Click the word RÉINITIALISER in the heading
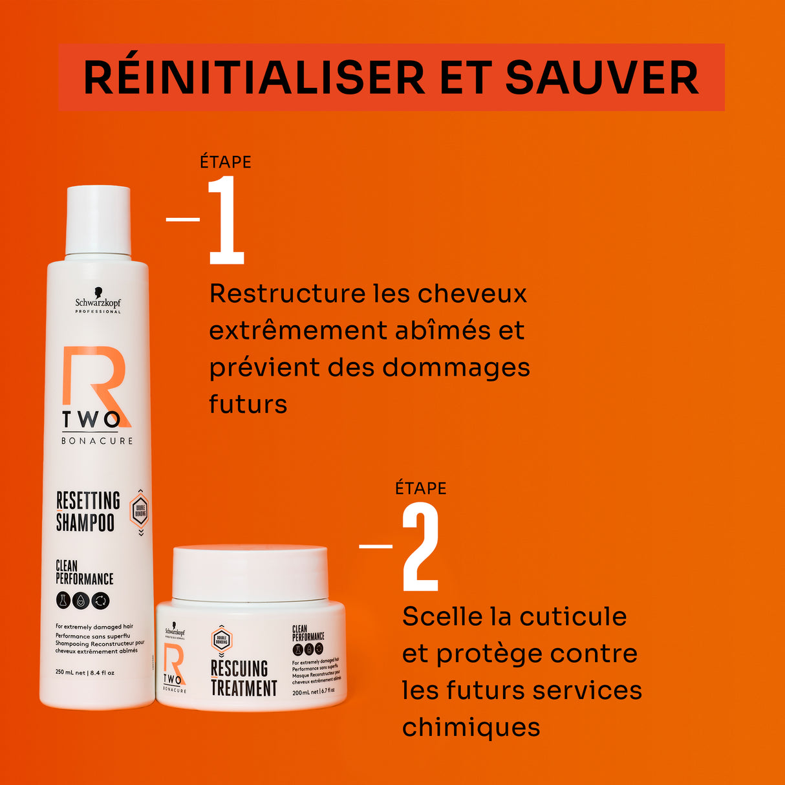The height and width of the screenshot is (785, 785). [x=254, y=78]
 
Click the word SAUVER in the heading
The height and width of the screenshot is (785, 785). [x=601, y=78]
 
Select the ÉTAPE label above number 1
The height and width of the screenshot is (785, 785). [x=226, y=162]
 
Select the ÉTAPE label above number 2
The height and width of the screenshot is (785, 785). [x=421, y=488]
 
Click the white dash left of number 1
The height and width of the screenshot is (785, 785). [x=182, y=219]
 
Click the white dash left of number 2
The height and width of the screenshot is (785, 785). [x=376, y=546]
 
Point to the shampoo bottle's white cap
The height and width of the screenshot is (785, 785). [x=98, y=220]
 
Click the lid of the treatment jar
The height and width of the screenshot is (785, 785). [x=250, y=572]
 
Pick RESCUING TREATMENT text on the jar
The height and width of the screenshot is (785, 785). [x=243, y=678]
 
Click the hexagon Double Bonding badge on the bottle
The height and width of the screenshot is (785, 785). [x=140, y=511]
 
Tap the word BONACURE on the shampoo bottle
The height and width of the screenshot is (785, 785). [x=97, y=441]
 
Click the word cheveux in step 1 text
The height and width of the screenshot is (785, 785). [x=472, y=294]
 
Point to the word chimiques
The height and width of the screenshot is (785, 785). [x=471, y=727]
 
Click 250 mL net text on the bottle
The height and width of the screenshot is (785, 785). [x=70, y=672]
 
